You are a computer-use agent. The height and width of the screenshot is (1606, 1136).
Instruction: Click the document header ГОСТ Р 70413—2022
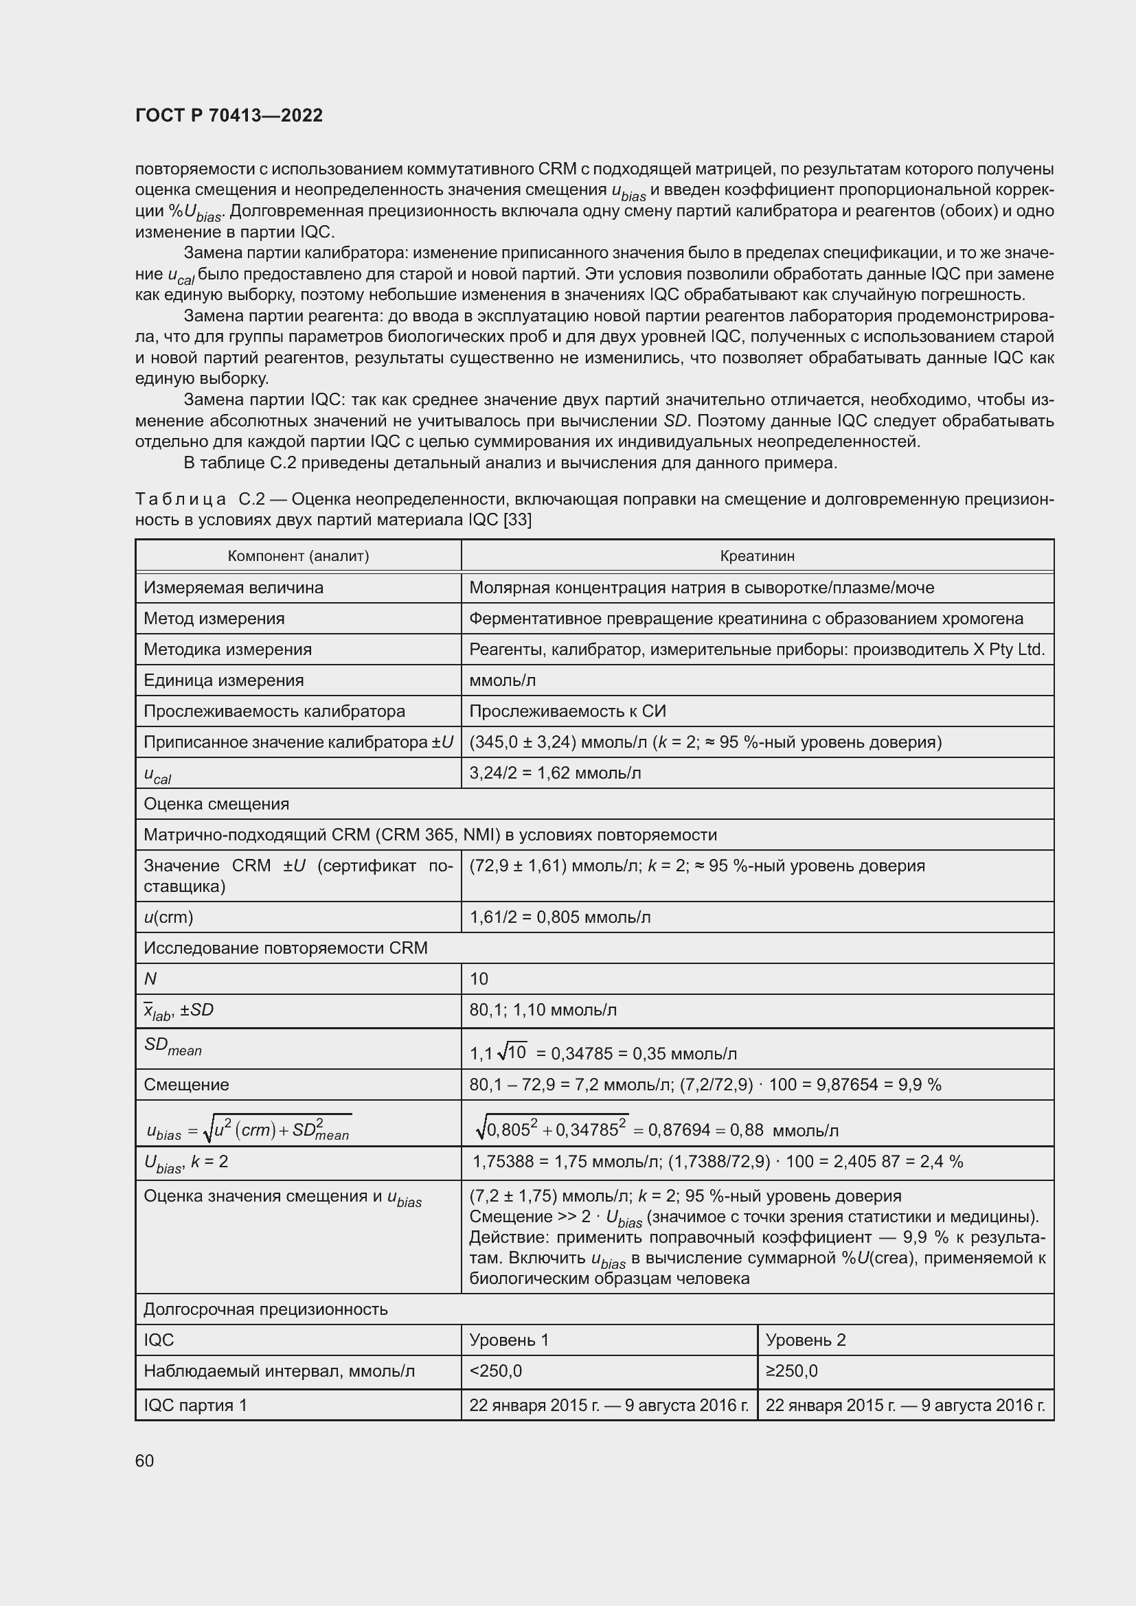point(229,115)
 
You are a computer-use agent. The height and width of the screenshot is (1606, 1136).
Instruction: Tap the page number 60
point(145,1460)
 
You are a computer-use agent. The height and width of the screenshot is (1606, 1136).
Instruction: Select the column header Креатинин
point(757,556)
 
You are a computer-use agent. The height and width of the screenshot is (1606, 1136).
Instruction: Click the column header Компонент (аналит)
point(298,556)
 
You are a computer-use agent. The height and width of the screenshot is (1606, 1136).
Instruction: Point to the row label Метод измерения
point(214,619)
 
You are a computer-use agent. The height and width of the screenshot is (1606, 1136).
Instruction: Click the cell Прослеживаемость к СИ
point(567,711)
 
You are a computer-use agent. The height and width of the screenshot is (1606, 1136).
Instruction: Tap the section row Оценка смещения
point(216,804)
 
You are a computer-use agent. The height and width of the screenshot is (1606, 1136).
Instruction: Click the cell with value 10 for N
point(479,978)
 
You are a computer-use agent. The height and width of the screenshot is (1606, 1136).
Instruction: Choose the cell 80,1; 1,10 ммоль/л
point(543,1010)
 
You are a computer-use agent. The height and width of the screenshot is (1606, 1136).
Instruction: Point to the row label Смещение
point(186,1085)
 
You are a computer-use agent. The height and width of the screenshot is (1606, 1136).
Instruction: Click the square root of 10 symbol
point(512,1052)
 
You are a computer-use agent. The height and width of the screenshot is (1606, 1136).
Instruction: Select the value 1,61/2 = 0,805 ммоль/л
point(560,917)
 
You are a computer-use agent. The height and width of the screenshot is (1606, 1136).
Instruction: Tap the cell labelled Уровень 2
point(806,1340)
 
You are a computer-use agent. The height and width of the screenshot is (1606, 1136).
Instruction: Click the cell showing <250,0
point(495,1371)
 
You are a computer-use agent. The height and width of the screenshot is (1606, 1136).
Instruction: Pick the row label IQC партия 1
point(195,1406)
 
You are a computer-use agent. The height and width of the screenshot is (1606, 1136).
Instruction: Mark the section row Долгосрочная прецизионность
point(265,1309)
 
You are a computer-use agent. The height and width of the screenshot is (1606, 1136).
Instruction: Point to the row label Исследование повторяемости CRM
point(286,948)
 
